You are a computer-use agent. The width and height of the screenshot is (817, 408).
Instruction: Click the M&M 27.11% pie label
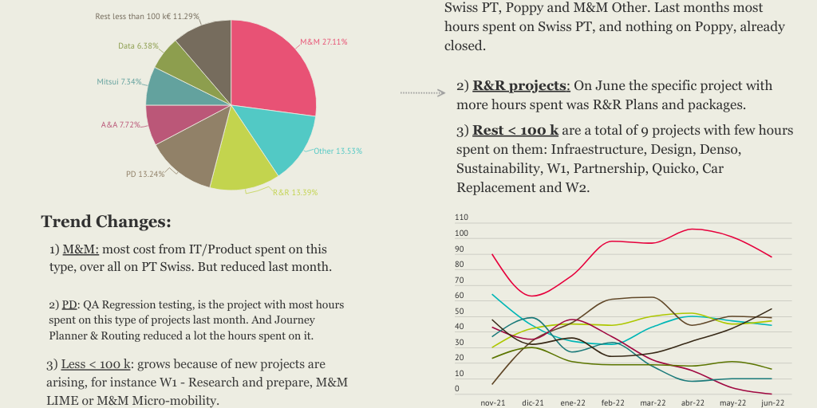(323, 41)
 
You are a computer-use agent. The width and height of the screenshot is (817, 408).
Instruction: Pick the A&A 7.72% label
(120, 124)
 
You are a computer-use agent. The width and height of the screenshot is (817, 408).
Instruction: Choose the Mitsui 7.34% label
(119, 81)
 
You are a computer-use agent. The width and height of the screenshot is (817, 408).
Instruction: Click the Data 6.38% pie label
(138, 46)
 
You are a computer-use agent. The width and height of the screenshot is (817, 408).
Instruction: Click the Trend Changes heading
(106, 222)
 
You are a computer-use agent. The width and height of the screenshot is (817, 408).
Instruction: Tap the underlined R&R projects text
(521, 85)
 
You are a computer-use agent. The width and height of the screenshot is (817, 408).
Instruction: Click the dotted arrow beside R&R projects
(422, 93)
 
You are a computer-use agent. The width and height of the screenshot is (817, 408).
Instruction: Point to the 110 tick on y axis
(461, 218)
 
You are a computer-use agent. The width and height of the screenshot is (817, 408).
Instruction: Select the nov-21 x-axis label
(493, 402)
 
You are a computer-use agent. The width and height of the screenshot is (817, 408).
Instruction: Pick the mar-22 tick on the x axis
(653, 402)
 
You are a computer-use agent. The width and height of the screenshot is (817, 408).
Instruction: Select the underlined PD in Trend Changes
(69, 304)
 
